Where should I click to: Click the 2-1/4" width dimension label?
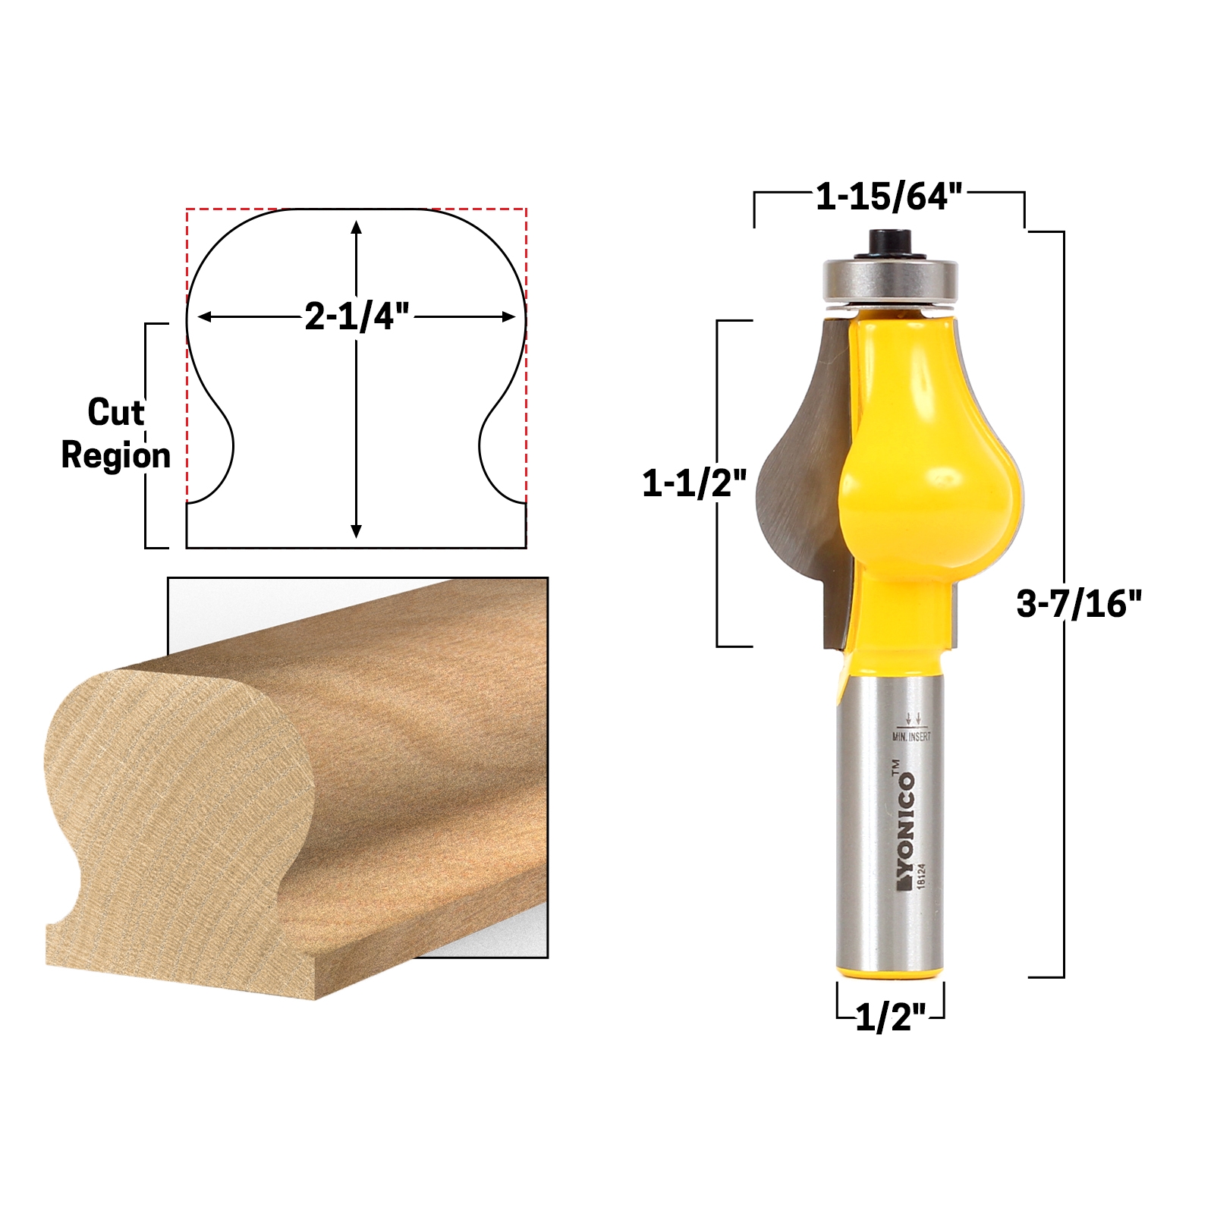[x=357, y=316]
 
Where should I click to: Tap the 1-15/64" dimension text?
[x=888, y=197]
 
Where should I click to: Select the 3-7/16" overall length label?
[x=1079, y=604]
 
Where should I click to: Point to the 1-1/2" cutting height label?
[x=694, y=483]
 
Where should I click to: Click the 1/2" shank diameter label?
[x=891, y=1017]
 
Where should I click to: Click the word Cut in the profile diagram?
[x=115, y=413]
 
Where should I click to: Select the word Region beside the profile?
[x=115, y=455]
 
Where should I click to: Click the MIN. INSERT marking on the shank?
[x=911, y=736]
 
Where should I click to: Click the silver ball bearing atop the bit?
[x=889, y=278]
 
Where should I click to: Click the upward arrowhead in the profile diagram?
[x=356, y=227]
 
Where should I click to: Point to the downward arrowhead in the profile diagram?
[x=356, y=531]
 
